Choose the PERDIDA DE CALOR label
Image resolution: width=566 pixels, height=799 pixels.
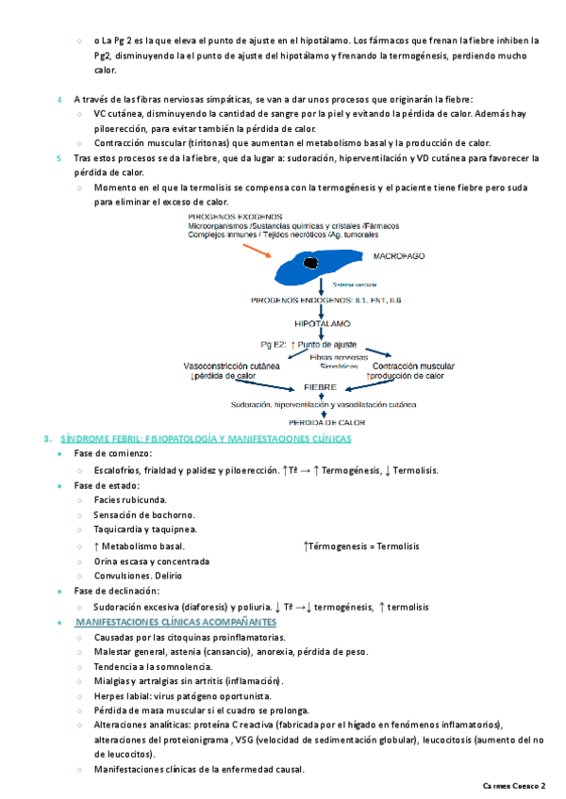coord(326,423)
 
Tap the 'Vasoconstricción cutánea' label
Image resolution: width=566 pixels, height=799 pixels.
coord(231,366)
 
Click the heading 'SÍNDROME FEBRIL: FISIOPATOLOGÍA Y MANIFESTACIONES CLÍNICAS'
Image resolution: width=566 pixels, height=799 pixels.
coord(206,439)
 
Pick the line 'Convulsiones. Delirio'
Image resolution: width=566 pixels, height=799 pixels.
coord(138,576)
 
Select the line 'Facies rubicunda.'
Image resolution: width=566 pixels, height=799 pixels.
coord(130,499)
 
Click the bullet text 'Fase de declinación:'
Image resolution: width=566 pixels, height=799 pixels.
coord(114,591)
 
